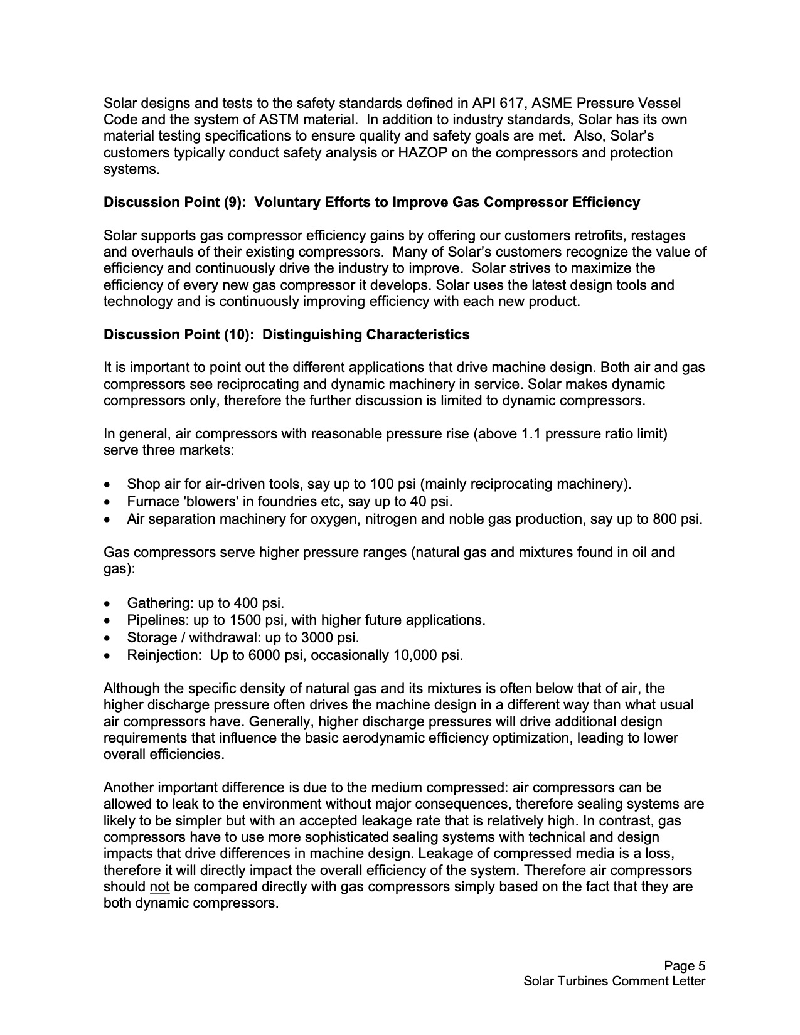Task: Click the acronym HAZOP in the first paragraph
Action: click(x=422, y=152)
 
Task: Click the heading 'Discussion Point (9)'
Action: click(x=176, y=202)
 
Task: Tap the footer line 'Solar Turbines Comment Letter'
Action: click(x=614, y=981)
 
